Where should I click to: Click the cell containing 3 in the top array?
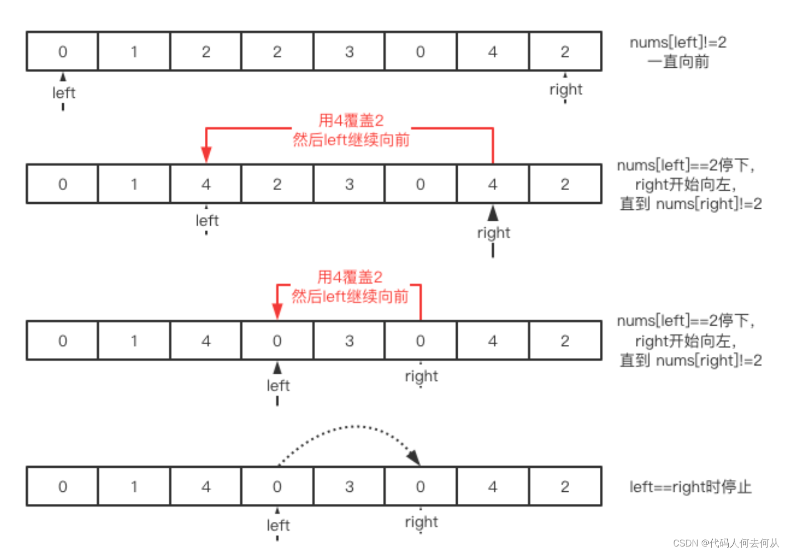click(349, 52)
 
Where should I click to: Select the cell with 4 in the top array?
click(492, 52)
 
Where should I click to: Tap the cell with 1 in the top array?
click(134, 52)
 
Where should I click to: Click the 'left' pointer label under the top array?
click(64, 93)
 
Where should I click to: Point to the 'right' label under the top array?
click(566, 90)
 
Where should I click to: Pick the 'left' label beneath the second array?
click(207, 220)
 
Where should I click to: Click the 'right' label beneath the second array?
click(493, 233)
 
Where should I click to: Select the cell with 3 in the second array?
click(349, 184)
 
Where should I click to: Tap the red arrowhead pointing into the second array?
click(206, 154)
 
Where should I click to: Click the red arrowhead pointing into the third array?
click(278, 311)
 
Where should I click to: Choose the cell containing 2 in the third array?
click(565, 341)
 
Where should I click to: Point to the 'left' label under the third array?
click(278, 385)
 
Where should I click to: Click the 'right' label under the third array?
click(421, 376)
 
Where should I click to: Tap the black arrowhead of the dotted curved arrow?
click(414, 458)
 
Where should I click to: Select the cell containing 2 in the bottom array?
click(565, 486)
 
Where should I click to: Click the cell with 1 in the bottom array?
click(134, 486)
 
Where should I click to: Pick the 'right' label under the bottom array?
click(421, 522)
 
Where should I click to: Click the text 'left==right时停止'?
click(690, 487)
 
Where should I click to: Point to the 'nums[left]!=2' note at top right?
click(678, 43)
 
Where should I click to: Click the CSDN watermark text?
click(725, 543)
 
